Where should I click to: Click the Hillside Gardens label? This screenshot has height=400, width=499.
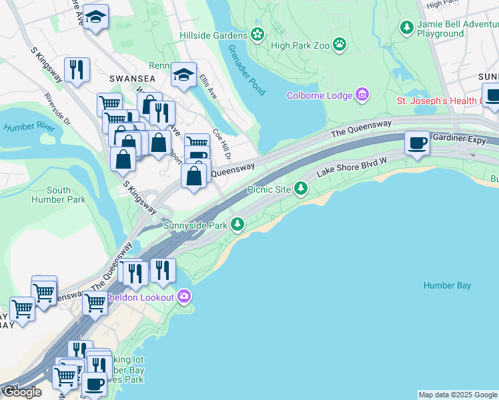[x=213, y=34]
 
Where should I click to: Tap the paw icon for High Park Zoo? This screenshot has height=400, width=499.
[x=340, y=45]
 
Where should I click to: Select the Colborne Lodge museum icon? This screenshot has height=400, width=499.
[x=363, y=95]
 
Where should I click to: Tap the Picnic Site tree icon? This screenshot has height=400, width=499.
[x=302, y=189]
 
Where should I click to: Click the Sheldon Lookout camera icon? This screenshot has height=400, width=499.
[x=183, y=297]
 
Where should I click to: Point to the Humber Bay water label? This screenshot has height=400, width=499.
[x=447, y=285]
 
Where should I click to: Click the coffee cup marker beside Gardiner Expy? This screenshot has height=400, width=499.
[x=418, y=143]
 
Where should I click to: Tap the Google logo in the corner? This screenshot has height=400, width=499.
[x=22, y=392]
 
